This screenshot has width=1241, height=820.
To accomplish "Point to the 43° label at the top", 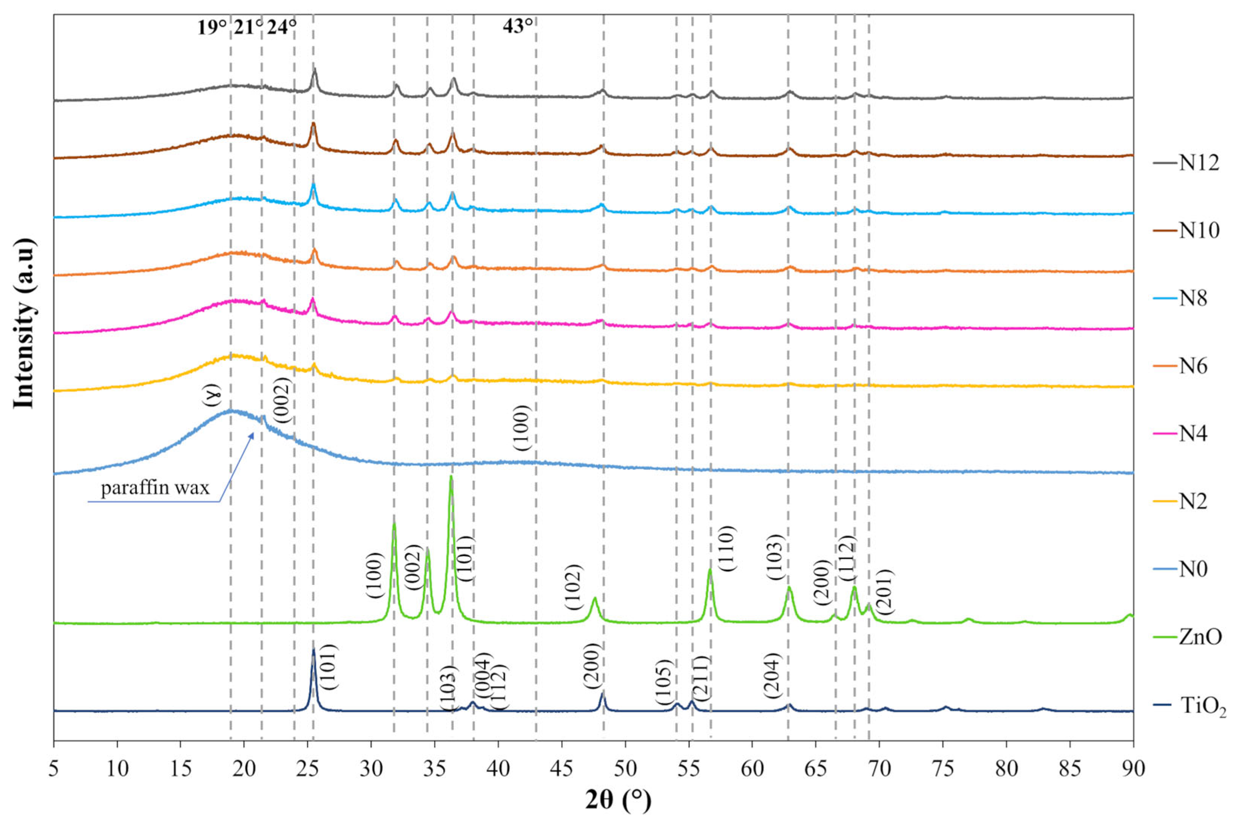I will pyautogui.click(x=518, y=26).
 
